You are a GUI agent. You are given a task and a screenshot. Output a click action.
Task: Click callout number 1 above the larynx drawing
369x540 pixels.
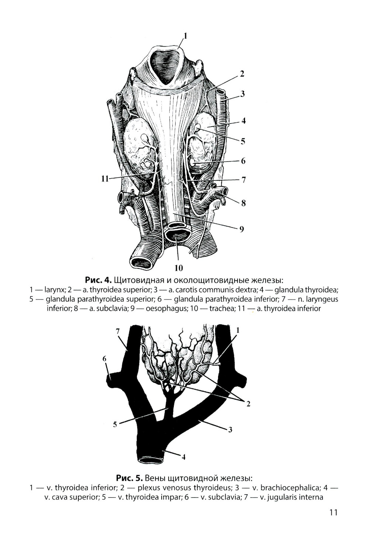point(185,36)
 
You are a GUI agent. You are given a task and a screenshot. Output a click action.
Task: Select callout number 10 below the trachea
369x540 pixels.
point(178,267)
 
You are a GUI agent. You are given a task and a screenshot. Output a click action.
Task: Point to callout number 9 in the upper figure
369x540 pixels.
point(241,229)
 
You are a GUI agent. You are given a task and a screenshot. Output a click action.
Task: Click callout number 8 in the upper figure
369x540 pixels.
point(243,203)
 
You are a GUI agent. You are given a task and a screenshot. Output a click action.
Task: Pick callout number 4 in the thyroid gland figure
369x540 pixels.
point(244,121)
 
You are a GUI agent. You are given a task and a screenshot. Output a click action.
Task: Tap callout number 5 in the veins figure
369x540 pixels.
point(115,424)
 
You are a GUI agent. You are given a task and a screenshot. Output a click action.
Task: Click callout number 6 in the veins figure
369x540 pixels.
point(104,359)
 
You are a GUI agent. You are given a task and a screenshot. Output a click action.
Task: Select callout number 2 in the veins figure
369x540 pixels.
point(248,404)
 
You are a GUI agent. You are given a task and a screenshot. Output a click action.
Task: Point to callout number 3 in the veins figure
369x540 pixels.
point(230,430)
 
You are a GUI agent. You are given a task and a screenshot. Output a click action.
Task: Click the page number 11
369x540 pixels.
point(333,512)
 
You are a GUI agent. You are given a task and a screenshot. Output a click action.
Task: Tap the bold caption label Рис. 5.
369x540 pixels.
point(129,478)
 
